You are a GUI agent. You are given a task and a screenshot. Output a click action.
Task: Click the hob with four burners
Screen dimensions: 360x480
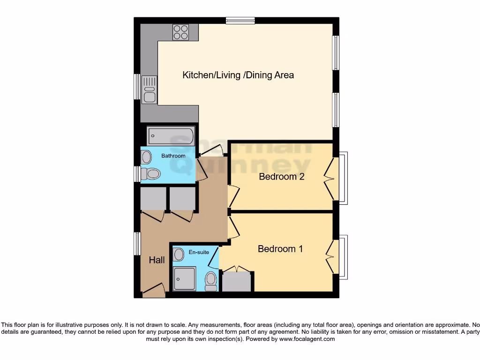180,31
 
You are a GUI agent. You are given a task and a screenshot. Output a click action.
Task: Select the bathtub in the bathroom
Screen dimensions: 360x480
171,136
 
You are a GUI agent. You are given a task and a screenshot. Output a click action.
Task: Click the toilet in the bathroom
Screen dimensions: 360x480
151,174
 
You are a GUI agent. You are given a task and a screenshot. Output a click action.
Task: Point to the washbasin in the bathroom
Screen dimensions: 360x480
147,156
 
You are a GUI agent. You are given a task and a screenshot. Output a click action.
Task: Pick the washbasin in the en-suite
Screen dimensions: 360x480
178,255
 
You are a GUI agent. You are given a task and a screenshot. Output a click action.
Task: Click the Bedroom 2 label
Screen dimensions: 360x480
282,177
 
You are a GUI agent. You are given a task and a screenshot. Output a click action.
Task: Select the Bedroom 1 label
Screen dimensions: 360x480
280,249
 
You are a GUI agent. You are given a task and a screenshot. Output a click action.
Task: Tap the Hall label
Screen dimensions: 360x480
157,260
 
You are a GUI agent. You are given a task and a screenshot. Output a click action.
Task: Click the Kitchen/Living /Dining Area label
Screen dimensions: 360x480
238,75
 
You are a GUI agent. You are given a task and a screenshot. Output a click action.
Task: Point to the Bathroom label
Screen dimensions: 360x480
173,156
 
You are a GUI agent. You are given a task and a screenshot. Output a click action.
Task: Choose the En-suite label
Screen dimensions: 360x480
199,252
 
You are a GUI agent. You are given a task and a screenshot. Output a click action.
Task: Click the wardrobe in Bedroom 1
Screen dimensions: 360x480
237,281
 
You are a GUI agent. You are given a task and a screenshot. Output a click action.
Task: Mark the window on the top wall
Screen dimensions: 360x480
240,20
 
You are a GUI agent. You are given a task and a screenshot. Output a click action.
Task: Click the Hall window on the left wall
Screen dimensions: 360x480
137,244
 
